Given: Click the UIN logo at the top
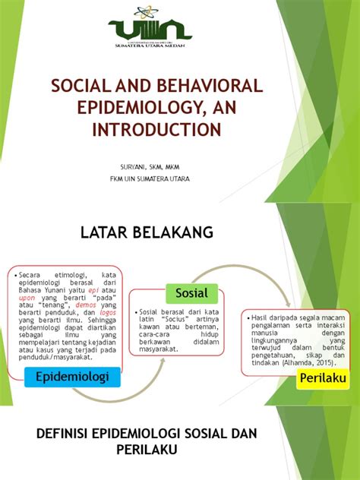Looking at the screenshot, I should point(150,28).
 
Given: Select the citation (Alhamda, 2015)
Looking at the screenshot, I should point(300,362).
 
